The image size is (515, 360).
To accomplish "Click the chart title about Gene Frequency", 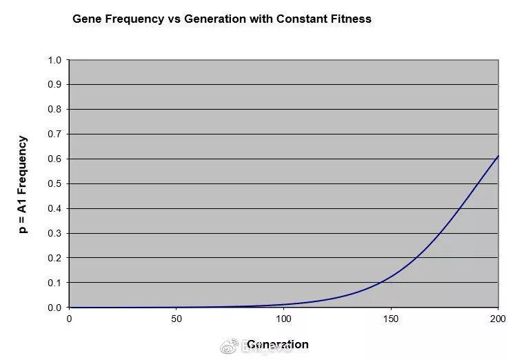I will [221, 19].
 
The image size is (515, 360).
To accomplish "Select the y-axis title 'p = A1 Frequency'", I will [23, 184].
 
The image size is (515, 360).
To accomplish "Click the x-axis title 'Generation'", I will [277, 344].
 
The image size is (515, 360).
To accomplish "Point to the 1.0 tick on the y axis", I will [54, 60].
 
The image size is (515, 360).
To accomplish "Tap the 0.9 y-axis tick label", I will [54, 85].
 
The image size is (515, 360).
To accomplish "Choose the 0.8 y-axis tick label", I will [54, 110].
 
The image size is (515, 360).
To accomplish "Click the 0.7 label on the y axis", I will [54, 134].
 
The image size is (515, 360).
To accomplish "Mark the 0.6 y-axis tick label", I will [54, 159].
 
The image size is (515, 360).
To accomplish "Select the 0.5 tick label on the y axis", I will [54, 184].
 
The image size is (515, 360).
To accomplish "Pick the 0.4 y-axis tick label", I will [54, 209].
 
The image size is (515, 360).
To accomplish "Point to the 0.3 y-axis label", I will [54, 234].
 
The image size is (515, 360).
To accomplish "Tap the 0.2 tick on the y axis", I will [54, 258].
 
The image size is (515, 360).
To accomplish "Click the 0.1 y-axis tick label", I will [54, 283].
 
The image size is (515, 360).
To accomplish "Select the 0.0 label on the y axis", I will [54, 308].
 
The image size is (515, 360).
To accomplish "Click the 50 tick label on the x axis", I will [176, 319].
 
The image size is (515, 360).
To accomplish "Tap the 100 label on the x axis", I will [283, 319].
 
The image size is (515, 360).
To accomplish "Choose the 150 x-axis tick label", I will [391, 319].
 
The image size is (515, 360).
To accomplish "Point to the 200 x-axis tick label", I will [498, 319].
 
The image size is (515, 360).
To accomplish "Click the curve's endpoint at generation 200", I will [498, 156].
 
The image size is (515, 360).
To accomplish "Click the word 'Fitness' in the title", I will [350, 19].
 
